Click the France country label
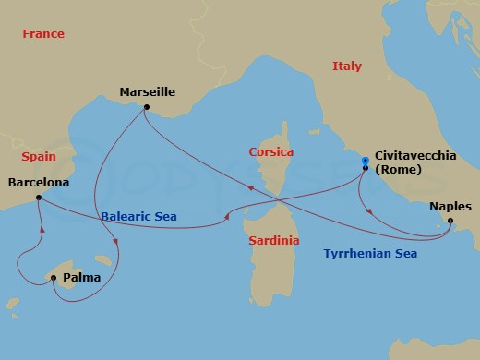click(x=44, y=34)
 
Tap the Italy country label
click(x=346, y=66)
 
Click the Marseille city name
click(x=147, y=91)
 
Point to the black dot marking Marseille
click(x=147, y=108)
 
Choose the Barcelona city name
click(x=39, y=182)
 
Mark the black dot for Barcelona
click(x=38, y=198)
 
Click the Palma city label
click(x=82, y=276)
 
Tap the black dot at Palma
click(x=54, y=278)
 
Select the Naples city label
click(x=450, y=207)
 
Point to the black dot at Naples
click(x=450, y=222)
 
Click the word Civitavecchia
click(x=414, y=156)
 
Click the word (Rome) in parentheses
click(x=398, y=170)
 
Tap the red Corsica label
click(x=270, y=151)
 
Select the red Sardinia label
click(x=273, y=240)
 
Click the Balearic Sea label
click(x=138, y=217)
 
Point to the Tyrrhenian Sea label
click(x=370, y=253)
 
